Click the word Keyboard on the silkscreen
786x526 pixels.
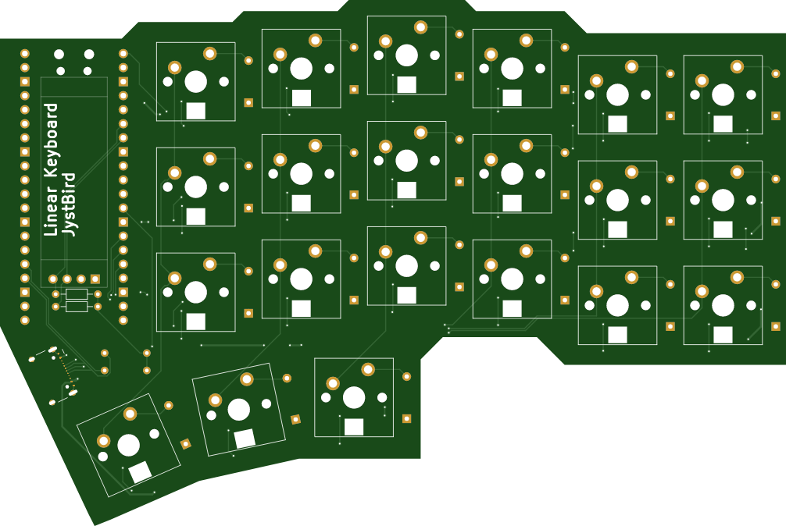tap(51, 141)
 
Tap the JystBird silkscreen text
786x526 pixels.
tap(69, 204)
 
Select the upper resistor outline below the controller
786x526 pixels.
tap(77, 294)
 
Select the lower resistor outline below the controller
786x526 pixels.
tap(77, 306)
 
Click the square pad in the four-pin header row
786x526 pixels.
tap(95, 279)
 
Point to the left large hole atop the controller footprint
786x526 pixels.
tap(59, 54)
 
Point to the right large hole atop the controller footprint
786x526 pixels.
tap(89, 54)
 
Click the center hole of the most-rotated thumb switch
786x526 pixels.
tap(128, 445)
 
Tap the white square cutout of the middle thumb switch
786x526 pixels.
tap(245, 439)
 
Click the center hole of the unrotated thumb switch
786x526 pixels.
tap(354, 398)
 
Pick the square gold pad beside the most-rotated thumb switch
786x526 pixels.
tap(185, 443)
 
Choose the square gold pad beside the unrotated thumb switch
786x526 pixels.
tap(406, 418)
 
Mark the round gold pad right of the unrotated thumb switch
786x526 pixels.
tap(406, 376)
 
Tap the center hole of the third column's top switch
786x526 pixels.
tap(406, 55)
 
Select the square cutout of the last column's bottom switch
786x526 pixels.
tap(723, 335)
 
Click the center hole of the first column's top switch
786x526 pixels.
tap(195, 82)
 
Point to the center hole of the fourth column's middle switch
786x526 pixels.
tap(512, 174)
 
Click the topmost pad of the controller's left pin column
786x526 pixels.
tap(24, 54)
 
